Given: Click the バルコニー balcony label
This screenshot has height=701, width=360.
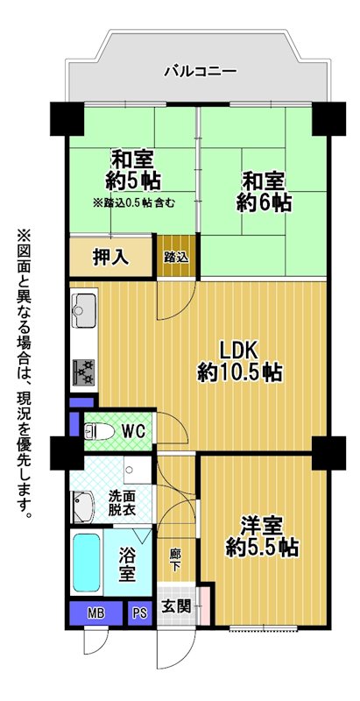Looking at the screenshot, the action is tap(200, 71).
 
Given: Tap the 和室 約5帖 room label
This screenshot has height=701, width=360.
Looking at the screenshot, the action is tap(133, 171).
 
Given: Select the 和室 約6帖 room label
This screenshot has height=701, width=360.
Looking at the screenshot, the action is tap(264, 193).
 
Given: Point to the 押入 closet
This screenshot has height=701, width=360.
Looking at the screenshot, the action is tap(111, 257).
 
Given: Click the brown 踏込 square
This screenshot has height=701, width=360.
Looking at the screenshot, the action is tap(176, 256).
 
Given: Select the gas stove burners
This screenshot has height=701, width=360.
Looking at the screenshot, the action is tap(83, 372).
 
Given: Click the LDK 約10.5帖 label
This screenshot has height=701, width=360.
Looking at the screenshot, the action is tap(240, 362).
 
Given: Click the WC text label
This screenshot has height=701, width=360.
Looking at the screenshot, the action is tap(133, 432).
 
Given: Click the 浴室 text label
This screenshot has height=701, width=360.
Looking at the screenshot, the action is tap(127, 564).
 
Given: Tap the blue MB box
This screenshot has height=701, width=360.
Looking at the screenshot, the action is tap(96, 613).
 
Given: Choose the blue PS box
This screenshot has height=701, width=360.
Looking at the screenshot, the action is tap(139, 613).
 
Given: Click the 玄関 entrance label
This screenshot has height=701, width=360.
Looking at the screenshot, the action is tap(176, 606).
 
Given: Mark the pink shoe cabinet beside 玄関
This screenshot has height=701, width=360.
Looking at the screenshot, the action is tap(204, 605).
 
